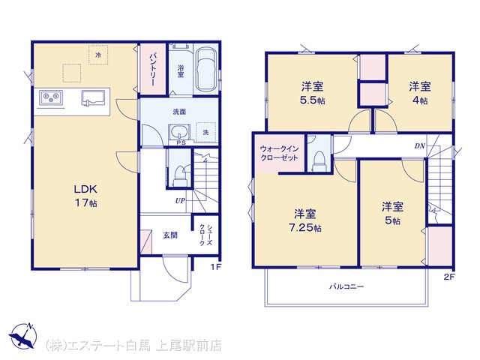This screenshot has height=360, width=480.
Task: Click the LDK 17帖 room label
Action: tap(85, 196)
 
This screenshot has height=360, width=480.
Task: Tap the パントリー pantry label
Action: tap(153, 70)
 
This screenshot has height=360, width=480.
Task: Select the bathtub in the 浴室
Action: tap(205, 69)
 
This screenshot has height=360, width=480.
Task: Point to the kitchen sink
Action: tap(93, 97)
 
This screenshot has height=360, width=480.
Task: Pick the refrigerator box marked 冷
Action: tap(98, 55)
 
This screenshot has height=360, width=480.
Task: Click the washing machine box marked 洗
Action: tap(206, 132)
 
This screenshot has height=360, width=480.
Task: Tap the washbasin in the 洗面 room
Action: tap(179, 133)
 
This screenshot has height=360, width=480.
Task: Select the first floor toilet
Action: tap(180, 177)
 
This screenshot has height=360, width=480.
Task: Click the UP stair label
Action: tap(180, 201)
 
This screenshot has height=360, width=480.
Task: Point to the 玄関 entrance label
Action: tap(170, 235)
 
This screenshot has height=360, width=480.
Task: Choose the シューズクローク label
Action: tap(205, 235)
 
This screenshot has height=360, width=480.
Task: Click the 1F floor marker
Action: tap(215, 267)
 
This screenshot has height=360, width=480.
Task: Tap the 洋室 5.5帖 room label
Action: tap(312, 93)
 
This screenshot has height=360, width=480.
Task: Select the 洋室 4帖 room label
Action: tap(420, 93)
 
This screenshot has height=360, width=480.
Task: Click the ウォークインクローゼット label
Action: tap(279, 153)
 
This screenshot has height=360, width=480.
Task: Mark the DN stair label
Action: tap(420, 146)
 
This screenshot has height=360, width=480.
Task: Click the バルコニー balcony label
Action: tap(346, 286)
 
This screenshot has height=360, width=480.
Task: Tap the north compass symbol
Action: tap(23, 335)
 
